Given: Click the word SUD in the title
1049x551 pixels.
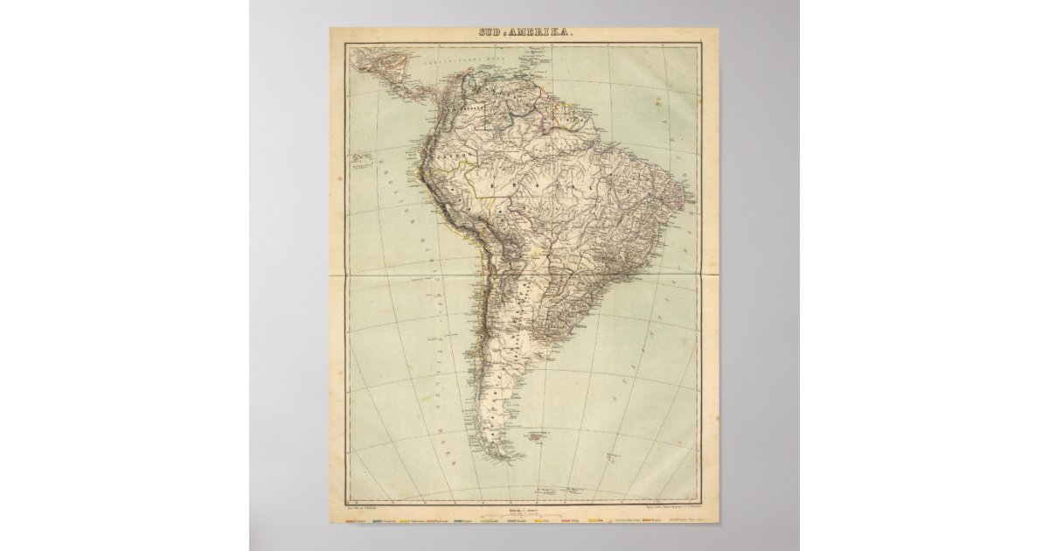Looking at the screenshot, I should pyautogui.click(x=490, y=33).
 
